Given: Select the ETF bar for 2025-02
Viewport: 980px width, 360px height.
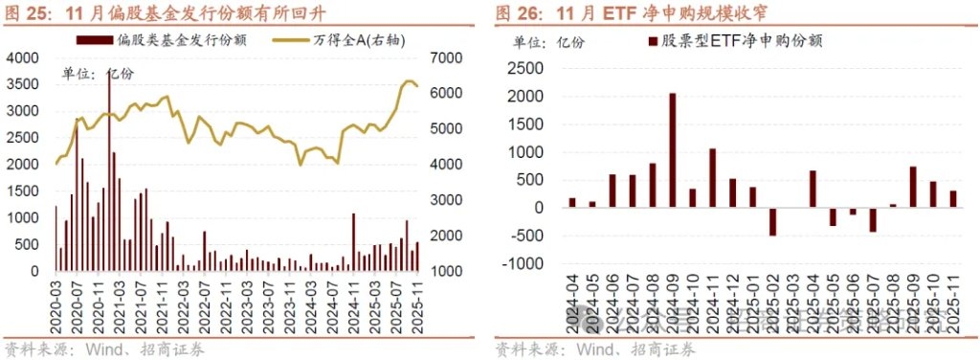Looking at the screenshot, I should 772,221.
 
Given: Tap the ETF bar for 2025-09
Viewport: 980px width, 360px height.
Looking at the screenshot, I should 913,188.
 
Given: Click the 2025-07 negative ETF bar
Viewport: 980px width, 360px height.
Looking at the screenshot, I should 873,219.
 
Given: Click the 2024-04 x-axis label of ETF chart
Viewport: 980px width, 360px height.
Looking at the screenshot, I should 573,304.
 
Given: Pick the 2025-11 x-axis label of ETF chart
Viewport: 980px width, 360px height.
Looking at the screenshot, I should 953,304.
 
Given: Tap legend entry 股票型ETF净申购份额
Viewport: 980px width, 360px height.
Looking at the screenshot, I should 737,40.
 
